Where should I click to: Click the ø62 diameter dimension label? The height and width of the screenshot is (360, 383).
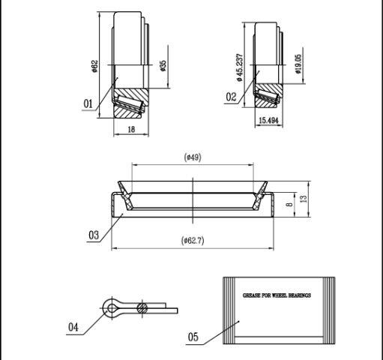click(x=94, y=66)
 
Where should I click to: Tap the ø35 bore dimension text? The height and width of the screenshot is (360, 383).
click(x=163, y=66)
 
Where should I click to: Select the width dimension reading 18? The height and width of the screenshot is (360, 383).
click(x=131, y=129)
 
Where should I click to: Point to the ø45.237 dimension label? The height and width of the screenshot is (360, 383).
click(x=239, y=67)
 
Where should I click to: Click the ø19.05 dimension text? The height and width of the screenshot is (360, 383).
click(x=298, y=64)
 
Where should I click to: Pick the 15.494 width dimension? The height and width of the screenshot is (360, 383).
click(x=268, y=121)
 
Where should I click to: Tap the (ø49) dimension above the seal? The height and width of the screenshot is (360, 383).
click(x=193, y=157)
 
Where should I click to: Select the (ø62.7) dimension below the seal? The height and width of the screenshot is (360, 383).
click(x=193, y=241)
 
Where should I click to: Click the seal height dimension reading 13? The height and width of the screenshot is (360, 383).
click(x=304, y=199)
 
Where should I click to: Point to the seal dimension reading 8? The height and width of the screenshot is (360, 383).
click(x=289, y=205)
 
